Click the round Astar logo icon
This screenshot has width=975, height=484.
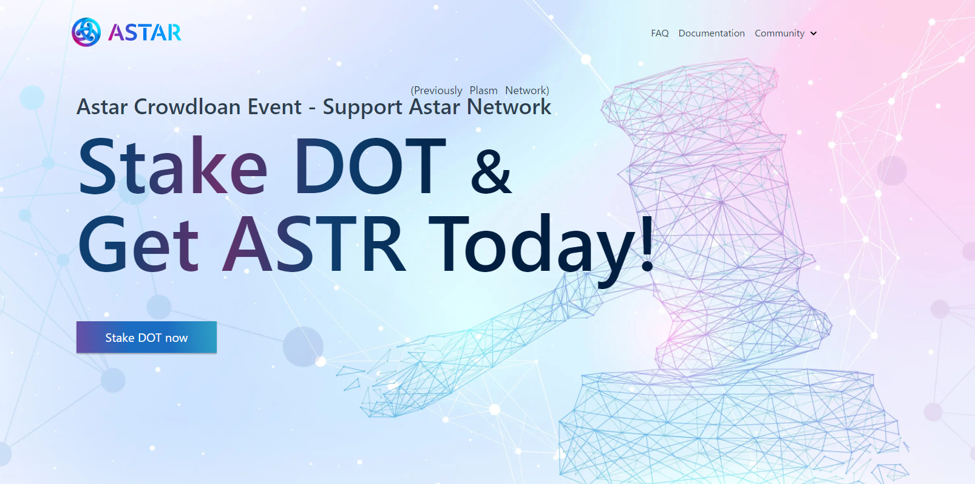click(86, 32)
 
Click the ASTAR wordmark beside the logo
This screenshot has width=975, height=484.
click(144, 33)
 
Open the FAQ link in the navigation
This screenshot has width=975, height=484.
click(659, 33)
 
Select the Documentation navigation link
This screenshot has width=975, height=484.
click(712, 33)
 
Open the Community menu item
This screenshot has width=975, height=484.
click(779, 33)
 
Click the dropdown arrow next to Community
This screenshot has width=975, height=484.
click(814, 33)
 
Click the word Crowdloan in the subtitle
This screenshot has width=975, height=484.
click(187, 107)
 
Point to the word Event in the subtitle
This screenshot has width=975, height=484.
click(274, 107)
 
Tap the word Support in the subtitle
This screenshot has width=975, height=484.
click(362, 107)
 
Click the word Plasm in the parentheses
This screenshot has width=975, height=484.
click(483, 90)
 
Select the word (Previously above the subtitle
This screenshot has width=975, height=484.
click(436, 90)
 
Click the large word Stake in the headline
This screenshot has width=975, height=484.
click(173, 165)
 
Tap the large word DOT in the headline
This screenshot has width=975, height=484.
click(370, 165)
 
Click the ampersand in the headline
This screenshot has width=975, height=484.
click(491, 171)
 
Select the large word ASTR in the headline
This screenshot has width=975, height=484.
click(313, 244)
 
